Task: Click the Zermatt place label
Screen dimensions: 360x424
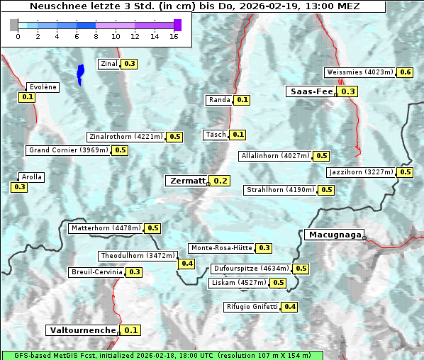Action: pyautogui.click(x=187, y=181)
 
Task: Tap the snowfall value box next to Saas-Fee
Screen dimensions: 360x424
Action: pyautogui.click(x=348, y=91)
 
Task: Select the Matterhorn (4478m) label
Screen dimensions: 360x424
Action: pyautogui.click(x=106, y=228)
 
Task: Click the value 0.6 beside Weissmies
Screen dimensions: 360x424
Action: pyautogui.click(x=406, y=72)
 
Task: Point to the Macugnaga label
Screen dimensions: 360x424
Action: pyautogui.click(x=334, y=235)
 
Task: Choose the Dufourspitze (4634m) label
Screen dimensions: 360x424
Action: pyautogui.click(x=251, y=269)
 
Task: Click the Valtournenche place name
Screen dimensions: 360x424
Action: pyautogui.click(x=82, y=330)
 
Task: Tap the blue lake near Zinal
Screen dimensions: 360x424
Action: pyautogui.click(x=80, y=73)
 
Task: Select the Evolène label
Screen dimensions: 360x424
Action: pyautogui.click(x=42, y=86)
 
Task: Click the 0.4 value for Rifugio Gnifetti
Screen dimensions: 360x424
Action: pyautogui.click(x=290, y=307)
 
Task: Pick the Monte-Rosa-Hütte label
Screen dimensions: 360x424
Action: pyautogui.click(x=221, y=248)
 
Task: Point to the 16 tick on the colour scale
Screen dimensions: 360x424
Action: pyautogui.click(x=174, y=36)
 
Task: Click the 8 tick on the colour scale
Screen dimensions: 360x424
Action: pyautogui.click(x=96, y=36)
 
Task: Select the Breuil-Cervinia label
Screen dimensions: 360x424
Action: pyautogui.click(x=96, y=272)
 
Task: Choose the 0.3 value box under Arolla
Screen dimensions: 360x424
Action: pyautogui.click(x=19, y=187)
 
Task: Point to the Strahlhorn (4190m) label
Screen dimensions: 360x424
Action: pyautogui.click(x=280, y=190)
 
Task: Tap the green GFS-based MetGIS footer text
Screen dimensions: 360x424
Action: pyautogui.click(x=162, y=355)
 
